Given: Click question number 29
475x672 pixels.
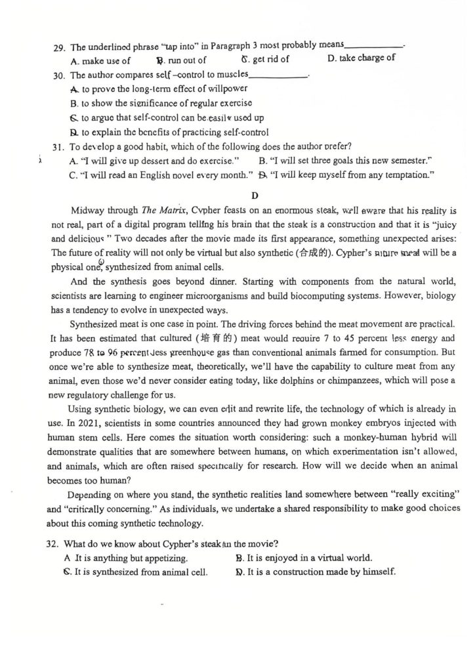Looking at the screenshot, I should pyautogui.click(x=58, y=47).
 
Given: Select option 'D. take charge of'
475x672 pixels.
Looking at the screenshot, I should pyautogui.click(x=360, y=58).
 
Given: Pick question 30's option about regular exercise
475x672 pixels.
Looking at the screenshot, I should pyautogui.click(x=160, y=103).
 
